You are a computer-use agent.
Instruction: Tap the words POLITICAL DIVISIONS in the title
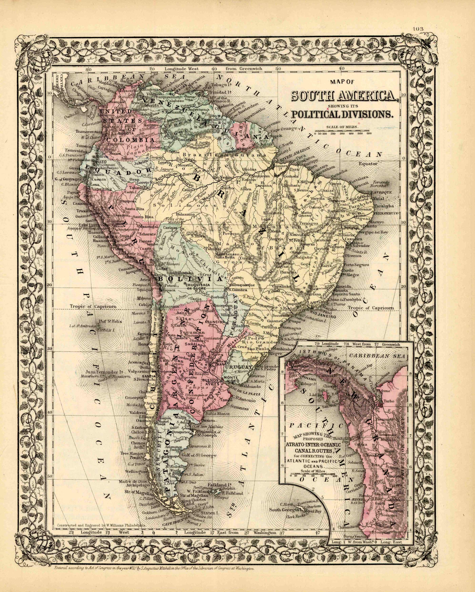(x=342, y=114)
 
